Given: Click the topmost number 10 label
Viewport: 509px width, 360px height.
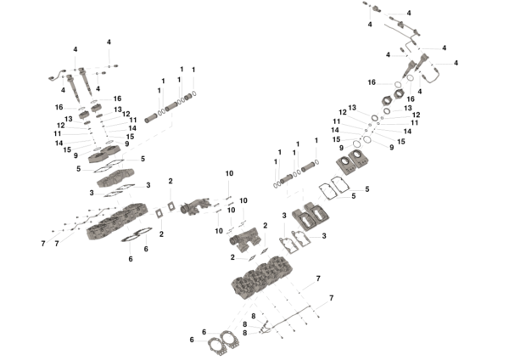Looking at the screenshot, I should point(229,173).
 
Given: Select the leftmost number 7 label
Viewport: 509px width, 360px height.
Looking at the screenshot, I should point(42,244).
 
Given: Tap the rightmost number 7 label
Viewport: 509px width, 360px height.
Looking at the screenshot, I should point(332,297).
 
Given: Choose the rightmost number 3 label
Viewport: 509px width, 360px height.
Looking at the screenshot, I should point(324,235).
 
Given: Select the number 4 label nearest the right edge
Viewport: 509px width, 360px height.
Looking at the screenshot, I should point(456,63).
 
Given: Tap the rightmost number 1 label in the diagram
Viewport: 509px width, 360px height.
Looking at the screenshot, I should point(316,140).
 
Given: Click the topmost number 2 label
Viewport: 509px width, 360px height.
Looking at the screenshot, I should point(171,181).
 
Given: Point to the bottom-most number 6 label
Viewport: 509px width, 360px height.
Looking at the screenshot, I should point(192,340).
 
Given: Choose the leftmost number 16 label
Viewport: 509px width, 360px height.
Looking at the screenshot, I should point(59,107).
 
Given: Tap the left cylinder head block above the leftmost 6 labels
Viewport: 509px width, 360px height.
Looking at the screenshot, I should point(119,223).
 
